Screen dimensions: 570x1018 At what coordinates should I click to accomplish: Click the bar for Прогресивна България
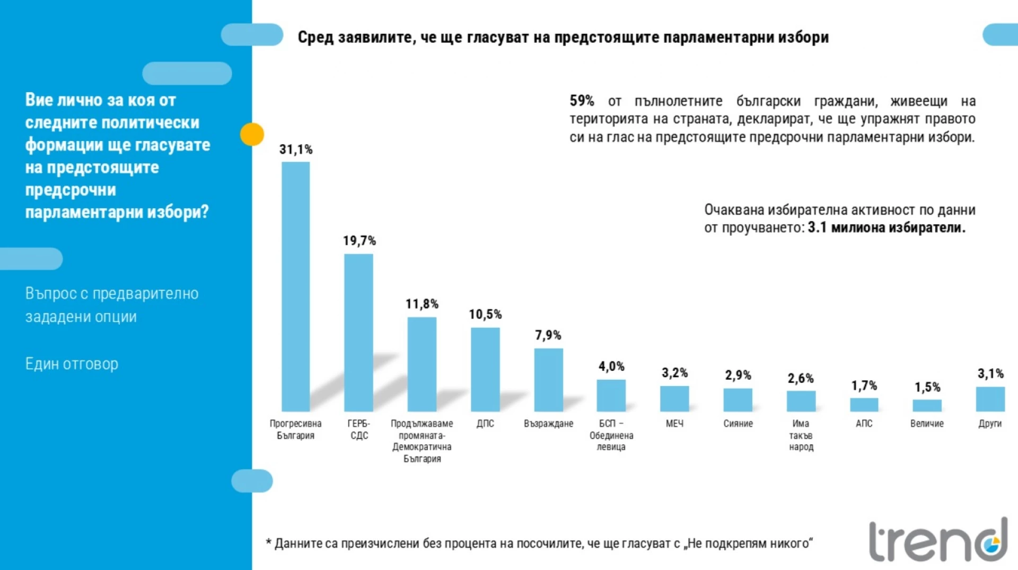click(295, 286)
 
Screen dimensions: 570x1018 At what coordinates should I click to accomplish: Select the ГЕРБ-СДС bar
click(358, 332)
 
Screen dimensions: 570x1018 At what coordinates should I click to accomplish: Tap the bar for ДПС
click(485, 369)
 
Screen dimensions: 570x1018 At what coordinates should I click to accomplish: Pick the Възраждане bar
click(548, 379)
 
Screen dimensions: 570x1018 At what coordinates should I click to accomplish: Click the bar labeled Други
click(990, 399)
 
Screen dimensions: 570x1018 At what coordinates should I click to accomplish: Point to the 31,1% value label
click(296, 150)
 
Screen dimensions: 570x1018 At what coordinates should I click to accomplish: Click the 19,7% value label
click(359, 241)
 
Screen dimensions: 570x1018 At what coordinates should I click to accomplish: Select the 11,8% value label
click(422, 304)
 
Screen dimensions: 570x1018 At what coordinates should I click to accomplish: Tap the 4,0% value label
click(611, 367)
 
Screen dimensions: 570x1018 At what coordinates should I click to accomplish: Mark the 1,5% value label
click(927, 387)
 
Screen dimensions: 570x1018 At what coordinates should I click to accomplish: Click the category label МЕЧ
click(674, 424)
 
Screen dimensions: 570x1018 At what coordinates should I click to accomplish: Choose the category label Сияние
click(738, 424)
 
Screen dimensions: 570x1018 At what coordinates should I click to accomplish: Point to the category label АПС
click(864, 424)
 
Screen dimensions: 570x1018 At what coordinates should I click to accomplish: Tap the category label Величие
click(927, 424)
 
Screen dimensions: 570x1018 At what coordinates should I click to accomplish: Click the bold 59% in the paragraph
click(582, 101)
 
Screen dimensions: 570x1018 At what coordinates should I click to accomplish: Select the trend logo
click(937, 540)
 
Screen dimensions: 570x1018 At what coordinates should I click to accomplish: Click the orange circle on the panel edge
click(252, 134)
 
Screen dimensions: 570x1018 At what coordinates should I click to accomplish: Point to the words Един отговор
click(72, 364)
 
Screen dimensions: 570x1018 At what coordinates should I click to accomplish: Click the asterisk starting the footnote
click(269, 542)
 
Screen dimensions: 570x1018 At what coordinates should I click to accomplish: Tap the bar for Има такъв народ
click(801, 401)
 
